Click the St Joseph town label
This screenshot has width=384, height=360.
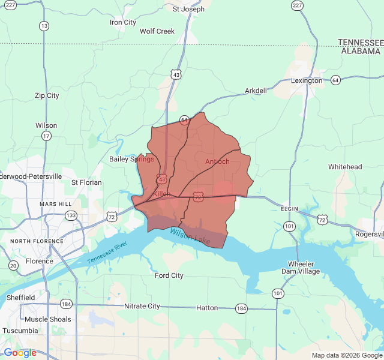point(188,9)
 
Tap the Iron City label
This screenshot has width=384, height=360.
point(122,23)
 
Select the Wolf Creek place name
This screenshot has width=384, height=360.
point(157,31)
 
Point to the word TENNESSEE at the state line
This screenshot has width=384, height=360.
point(360,42)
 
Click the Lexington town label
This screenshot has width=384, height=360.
point(306,80)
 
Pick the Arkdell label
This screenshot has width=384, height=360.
point(256,91)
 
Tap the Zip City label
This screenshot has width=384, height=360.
point(47,95)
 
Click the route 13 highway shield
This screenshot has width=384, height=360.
point(44,26)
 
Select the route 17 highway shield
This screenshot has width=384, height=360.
point(46,136)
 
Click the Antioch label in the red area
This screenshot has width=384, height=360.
point(217,161)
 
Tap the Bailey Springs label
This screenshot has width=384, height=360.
point(131,159)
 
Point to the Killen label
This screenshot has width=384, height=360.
point(162,194)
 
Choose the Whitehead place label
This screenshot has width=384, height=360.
point(345,167)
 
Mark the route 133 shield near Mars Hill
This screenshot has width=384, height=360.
point(71,215)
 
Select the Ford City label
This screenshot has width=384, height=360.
point(169,276)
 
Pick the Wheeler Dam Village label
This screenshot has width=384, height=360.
point(304,268)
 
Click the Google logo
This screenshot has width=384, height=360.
point(20,353)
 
